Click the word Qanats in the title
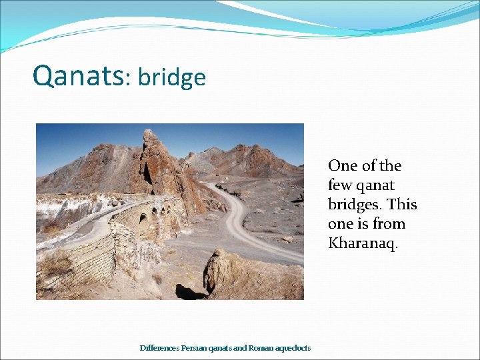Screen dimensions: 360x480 coord(77,76)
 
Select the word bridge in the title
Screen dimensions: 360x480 coord(172,78)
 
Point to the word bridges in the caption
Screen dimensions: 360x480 coord(354,204)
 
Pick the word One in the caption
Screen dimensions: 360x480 coord(342,165)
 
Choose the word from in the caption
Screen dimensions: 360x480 coord(390,223)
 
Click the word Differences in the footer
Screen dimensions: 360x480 coord(158,348)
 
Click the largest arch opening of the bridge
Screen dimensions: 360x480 coord(143,219)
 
